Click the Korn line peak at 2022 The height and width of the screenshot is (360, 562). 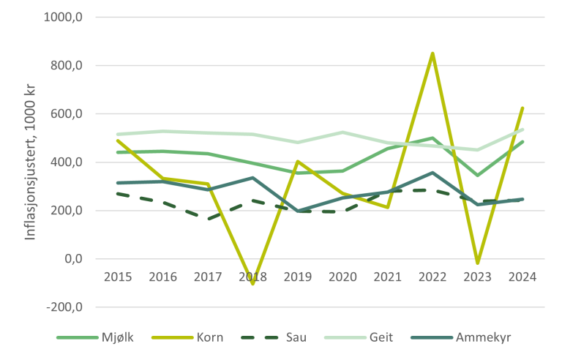[x=432, y=53]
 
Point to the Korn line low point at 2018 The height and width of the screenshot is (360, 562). [x=252, y=283]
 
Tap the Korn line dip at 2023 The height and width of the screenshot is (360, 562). [x=477, y=263]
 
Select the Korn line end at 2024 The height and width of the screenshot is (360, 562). [x=522, y=108]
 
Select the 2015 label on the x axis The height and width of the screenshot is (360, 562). [x=117, y=277]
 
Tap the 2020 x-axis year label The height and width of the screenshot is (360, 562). [x=342, y=277]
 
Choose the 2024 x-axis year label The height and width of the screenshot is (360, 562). [x=522, y=277]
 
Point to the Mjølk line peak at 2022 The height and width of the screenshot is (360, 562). [x=432, y=138]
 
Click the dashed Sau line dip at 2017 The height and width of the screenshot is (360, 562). [x=207, y=219]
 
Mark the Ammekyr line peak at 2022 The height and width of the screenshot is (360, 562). [x=432, y=173]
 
